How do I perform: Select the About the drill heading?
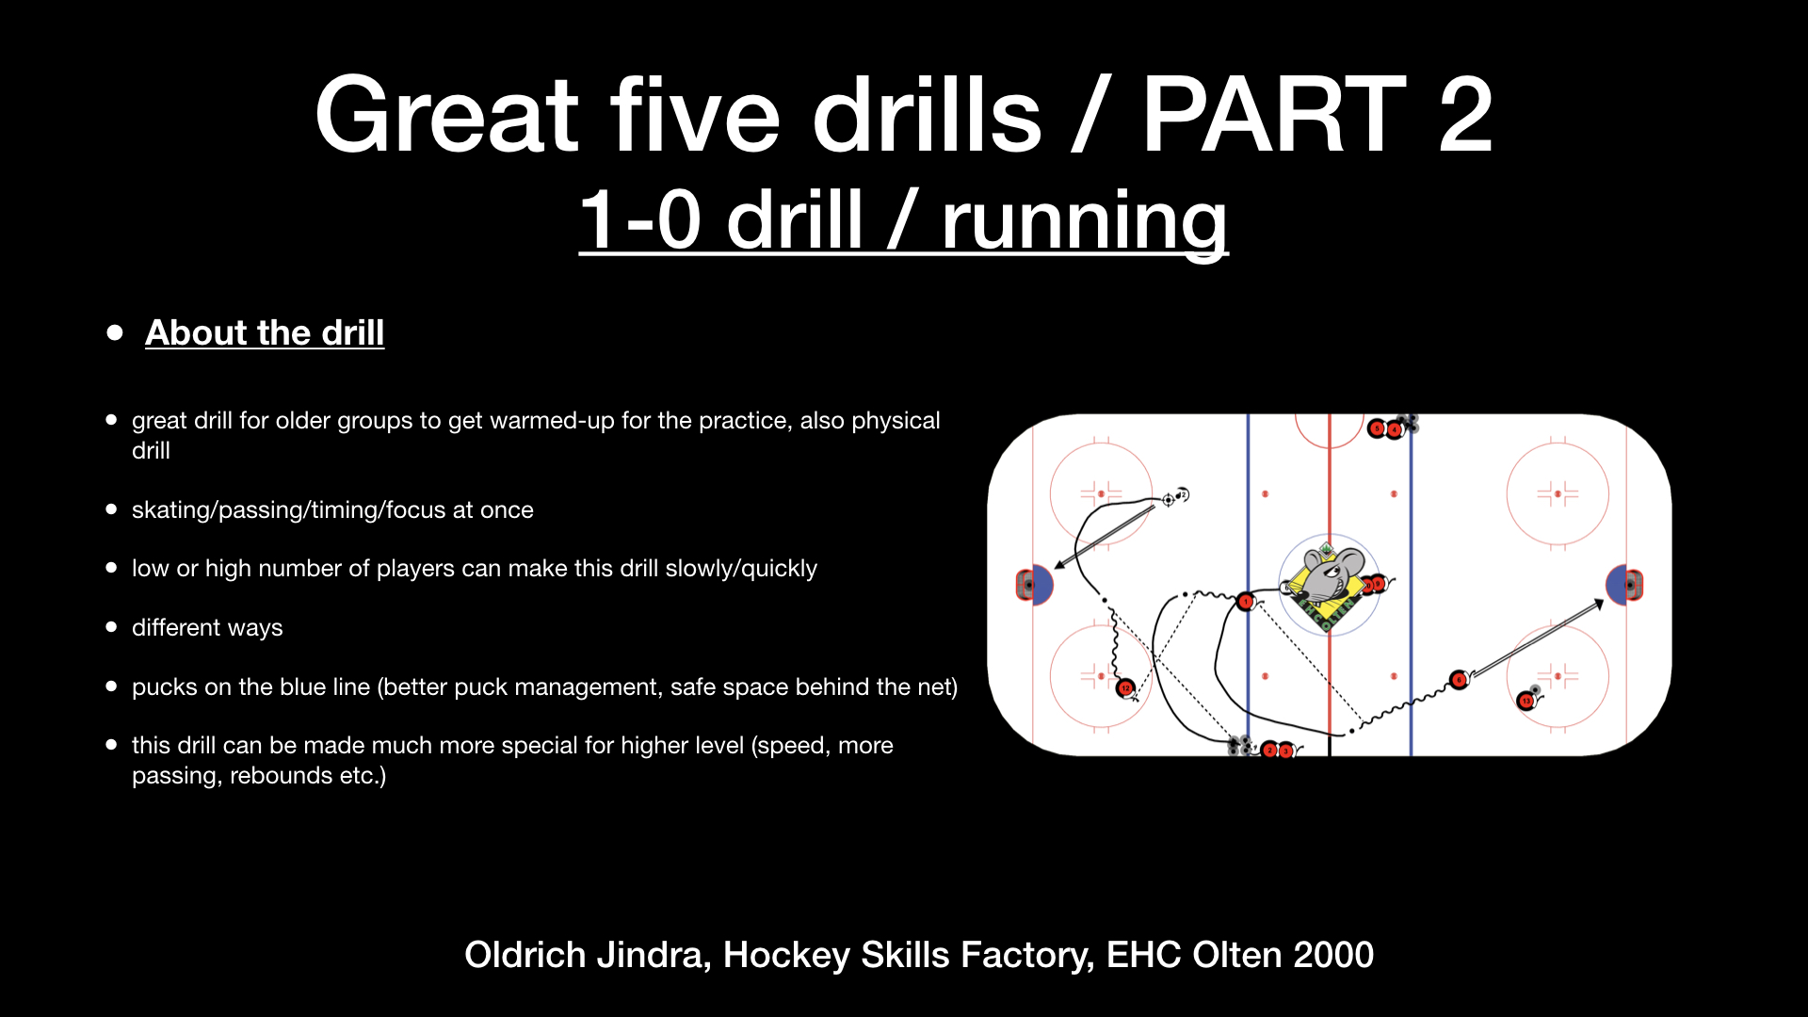265,332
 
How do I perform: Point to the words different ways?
207,628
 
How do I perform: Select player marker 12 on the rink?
1125,688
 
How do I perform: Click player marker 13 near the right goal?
1525,701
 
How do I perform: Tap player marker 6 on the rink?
1459,680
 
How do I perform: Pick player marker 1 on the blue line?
1245,601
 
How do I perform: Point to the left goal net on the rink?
1024,585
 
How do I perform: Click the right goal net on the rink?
1636,585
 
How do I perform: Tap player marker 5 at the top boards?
1378,429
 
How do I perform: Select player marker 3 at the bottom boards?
1284,751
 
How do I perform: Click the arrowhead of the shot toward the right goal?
1599,603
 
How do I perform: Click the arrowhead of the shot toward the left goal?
1059,565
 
